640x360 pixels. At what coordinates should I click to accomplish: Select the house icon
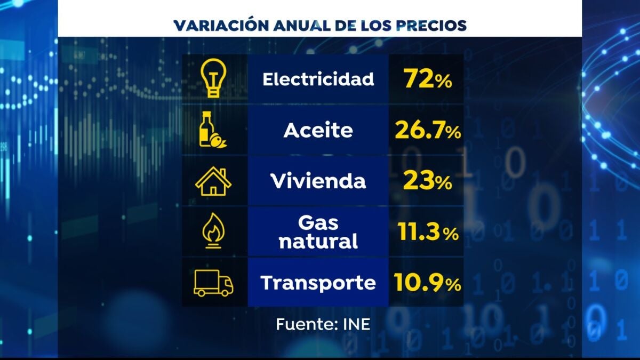[x=213, y=182]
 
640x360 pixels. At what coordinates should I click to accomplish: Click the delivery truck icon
[x=213, y=283]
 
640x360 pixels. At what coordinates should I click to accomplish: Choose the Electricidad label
[x=318, y=79]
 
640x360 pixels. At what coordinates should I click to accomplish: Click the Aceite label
[x=318, y=131]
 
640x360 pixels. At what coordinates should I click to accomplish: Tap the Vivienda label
[x=318, y=181]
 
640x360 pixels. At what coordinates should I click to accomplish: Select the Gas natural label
[x=318, y=233]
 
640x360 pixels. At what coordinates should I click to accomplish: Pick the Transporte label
[x=318, y=283]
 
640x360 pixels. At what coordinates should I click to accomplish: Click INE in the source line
[x=356, y=324]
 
